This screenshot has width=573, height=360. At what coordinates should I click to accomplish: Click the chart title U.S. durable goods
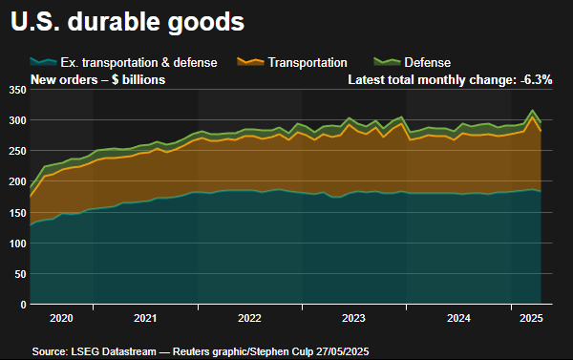pos(126,20)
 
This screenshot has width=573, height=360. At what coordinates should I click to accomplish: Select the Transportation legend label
pos(308,62)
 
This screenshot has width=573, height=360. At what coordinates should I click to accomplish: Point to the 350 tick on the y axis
pos(15,90)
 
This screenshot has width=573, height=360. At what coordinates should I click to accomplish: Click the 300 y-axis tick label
pos(15,120)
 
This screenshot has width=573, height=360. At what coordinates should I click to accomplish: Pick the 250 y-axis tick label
pos(15,151)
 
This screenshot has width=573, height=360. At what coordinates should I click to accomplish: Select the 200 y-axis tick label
pos(15,181)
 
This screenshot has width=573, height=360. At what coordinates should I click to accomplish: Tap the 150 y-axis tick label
pos(15,213)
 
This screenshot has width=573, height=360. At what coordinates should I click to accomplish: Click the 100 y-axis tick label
pos(15,244)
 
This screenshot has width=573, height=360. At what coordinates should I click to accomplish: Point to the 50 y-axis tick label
pos(18,274)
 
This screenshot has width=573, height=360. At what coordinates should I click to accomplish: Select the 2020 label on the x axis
pos(60,317)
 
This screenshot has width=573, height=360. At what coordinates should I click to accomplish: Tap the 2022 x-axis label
pos(249,317)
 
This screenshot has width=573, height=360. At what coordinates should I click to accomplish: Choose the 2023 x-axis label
pos(353,317)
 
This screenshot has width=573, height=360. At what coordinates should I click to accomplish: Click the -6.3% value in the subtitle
pos(535,80)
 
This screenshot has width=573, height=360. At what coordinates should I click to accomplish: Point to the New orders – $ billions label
pos(98,80)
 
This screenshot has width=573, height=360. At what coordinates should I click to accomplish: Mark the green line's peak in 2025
pos(532,111)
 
